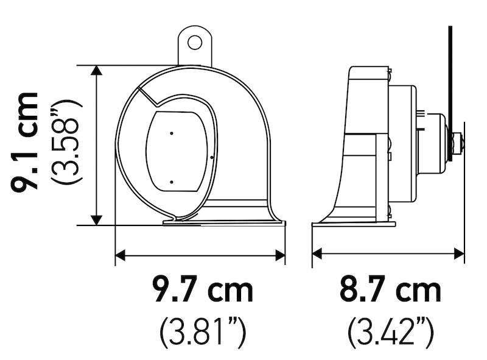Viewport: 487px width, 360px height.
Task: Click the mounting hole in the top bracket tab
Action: click(x=194, y=42)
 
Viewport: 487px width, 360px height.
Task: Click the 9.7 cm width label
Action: click(x=203, y=291)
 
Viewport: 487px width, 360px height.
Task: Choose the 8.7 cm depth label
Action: click(x=390, y=291)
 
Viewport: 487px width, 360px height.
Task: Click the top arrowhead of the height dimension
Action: click(x=96, y=71)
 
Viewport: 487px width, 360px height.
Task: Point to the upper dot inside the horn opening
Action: click(x=172, y=133)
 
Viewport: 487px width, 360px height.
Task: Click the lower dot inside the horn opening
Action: click(x=172, y=182)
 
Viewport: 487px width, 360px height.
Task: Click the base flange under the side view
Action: click(x=353, y=224)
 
